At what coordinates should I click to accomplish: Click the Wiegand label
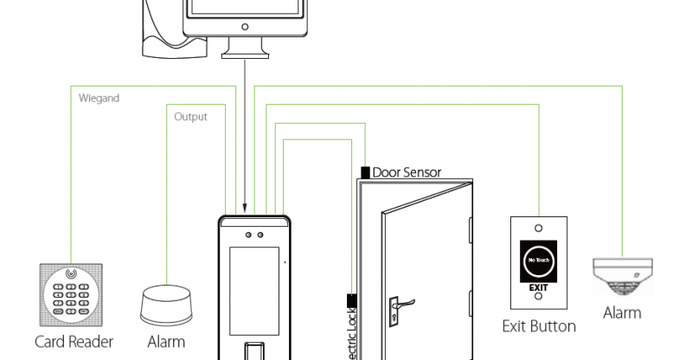point(99,98)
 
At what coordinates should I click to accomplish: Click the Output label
point(190,116)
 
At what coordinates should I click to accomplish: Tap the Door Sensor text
point(407,172)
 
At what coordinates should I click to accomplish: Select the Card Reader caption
point(74,341)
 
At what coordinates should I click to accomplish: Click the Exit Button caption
point(539,326)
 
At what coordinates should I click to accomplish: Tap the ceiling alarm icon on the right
point(622,278)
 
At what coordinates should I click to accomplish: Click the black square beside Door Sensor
point(365,172)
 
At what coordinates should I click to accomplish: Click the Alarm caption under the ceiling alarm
point(622,312)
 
